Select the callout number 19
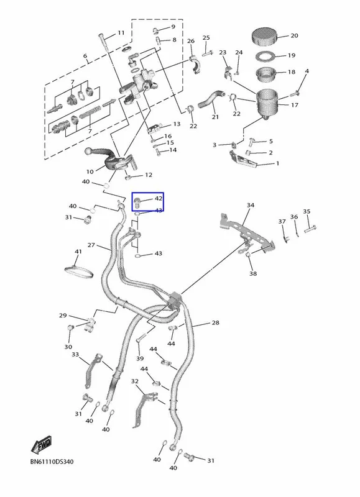pyautogui.click(x=292, y=55)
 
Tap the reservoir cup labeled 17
pyautogui.click(x=267, y=103)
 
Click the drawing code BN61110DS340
pyautogui.click(x=52, y=462)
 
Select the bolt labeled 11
pyautogui.click(x=104, y=42)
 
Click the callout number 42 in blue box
pyautogui.click(x=159, y=198)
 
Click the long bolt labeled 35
pyautogui.click(x=310, y=228)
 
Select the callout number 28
pyautogui.click(x=215, y=322)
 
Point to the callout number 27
pyautogui.click(x=91, y=245)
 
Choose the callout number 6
pyautogui.click(x=85, y=56)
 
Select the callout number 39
pyautogui.click(x=140, y=358)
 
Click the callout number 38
pyautogui.click(x=253, y=273)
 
